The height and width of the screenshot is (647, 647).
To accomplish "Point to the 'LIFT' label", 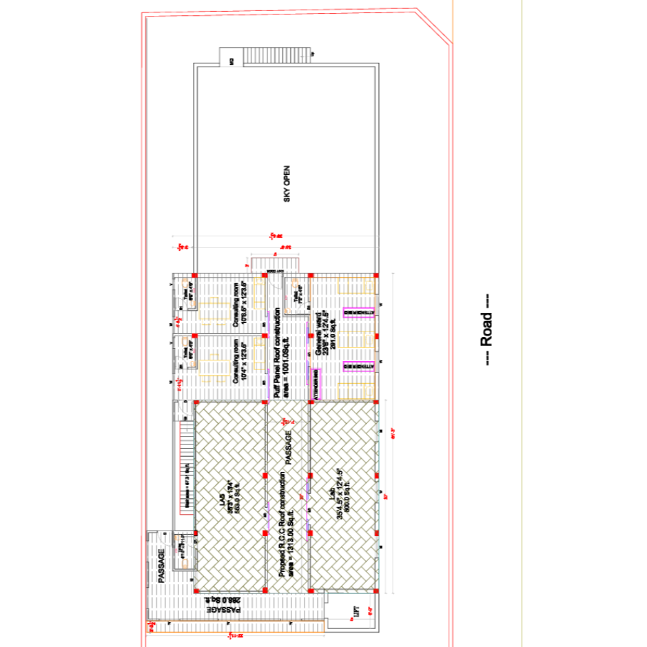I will [x=356, y=610].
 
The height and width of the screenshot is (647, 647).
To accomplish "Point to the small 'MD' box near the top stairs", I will [x=232, y=61].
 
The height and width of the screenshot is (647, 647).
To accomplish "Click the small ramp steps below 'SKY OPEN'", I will [x=276, y=264].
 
